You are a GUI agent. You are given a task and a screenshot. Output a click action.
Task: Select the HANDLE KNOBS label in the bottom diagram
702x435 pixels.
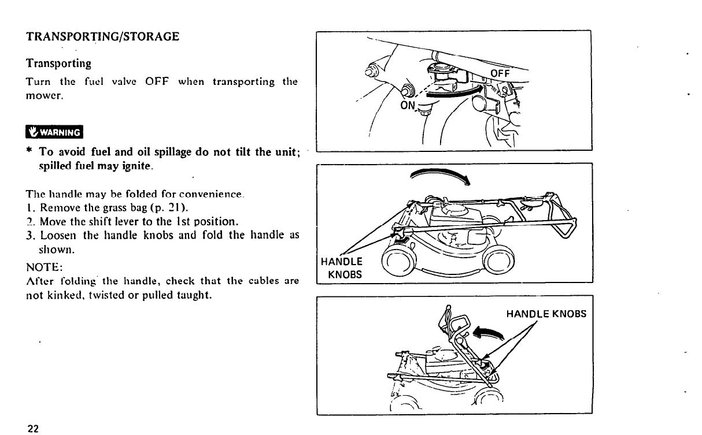click(546, 314)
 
